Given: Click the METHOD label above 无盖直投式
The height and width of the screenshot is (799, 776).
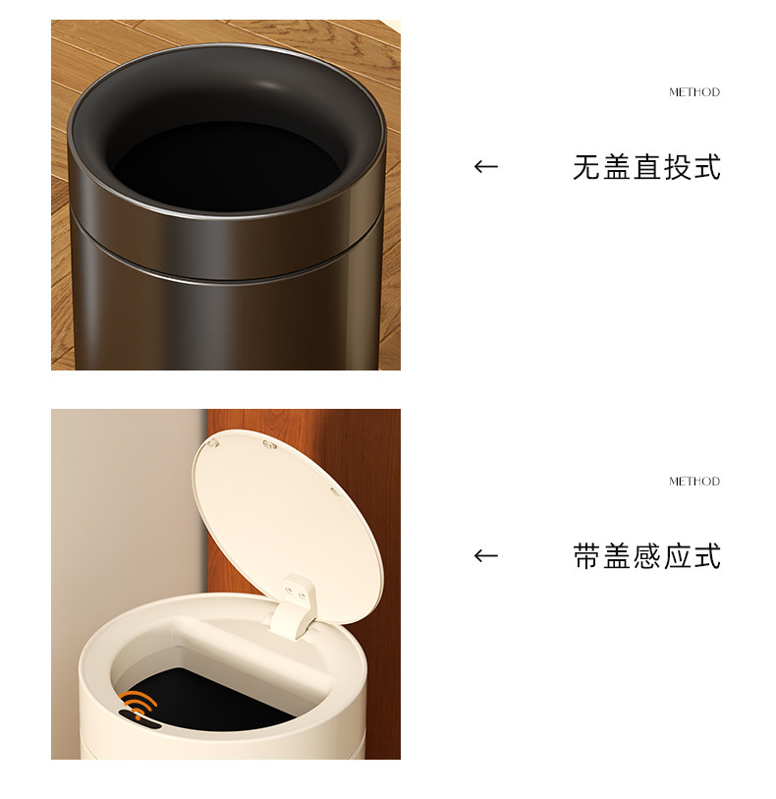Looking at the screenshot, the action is click(694, 92).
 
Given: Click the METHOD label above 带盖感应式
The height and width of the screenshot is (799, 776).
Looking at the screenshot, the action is click(694, 481).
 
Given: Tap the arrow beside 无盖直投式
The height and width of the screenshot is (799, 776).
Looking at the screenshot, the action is click(486, 166).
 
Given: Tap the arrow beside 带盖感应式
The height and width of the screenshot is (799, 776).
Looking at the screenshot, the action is click(486, 555).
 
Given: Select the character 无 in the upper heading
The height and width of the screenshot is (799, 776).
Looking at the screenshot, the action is click(587, 167).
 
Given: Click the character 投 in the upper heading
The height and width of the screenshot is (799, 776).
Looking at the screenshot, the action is click(677, 167).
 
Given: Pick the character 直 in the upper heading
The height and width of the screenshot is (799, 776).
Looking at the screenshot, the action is click(647, 167).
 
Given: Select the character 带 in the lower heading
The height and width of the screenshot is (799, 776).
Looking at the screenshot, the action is click(587, 556).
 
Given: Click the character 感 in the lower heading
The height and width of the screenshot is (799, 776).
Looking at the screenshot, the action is click(647, 556).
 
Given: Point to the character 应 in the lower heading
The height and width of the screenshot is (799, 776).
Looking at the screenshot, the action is click(677, 556).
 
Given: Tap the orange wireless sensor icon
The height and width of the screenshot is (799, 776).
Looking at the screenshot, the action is click(139, 705).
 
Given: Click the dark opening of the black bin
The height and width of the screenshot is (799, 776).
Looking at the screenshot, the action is click(227, 166).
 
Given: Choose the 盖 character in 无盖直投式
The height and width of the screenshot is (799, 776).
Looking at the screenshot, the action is click(617, 167).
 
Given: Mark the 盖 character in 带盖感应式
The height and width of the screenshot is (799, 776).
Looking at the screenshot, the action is click(617, 556).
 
